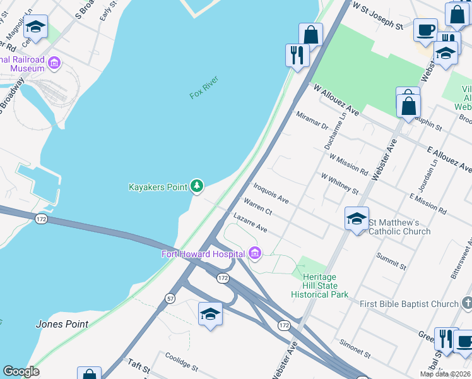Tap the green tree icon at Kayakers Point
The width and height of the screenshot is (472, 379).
click(x=198, y=186)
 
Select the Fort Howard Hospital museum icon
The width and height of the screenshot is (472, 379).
click(x=255, y=254)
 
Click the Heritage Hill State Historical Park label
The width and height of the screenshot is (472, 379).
click(x=319, y=286)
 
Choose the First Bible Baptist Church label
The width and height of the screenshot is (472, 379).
click(x=409, y=304)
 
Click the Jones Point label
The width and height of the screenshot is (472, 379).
click(x=62, y=324)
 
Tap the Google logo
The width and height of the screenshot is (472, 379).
click(x=21, y=371)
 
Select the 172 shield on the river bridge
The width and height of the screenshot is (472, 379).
click(x=42, y=218)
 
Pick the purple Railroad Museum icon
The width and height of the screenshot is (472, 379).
click(x=54, y=63)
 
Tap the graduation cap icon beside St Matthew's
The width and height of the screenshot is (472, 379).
click(x=357, y=219)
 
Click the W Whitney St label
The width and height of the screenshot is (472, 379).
click(x=339, y=184)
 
